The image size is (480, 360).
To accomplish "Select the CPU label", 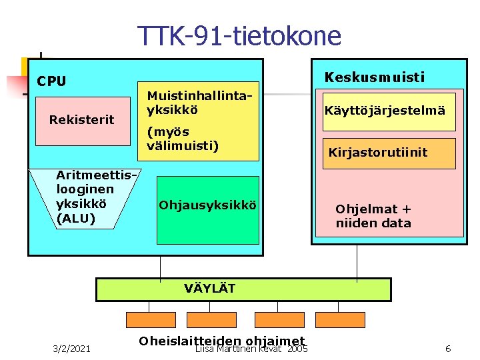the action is tap(51, 81).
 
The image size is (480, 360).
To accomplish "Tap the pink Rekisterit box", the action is tap(82, 120).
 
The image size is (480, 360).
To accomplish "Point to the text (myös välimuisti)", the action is tap(183, 138).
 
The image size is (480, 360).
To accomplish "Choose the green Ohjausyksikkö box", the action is tap(207, 210).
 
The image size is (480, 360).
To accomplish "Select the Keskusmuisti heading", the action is tap(374, 77).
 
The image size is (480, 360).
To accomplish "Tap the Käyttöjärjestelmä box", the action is tap(385, 111).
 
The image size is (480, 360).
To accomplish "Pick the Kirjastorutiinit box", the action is tap(378, 153).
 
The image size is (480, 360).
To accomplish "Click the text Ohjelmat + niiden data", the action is tap(373, 216).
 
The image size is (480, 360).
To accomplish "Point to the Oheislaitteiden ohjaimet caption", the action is tap(221, 341).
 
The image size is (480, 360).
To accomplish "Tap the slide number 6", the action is tap(448, 349).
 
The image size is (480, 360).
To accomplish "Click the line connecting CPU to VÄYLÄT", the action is tap(161, 267).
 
